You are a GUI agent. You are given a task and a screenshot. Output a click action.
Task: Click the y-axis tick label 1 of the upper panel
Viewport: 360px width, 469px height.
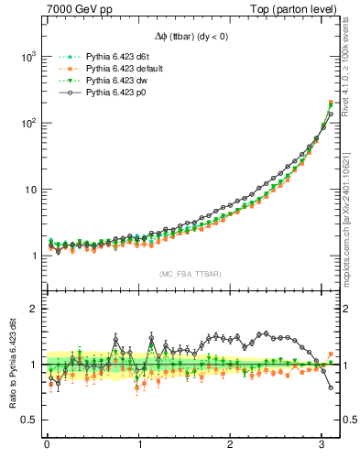point(32,256)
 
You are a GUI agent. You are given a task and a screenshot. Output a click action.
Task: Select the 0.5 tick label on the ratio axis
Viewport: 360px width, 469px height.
point(27,420)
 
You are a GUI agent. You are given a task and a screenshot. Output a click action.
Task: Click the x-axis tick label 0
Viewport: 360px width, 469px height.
point(47,445)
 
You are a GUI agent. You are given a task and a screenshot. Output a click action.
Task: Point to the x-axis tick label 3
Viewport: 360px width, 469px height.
point(322,445)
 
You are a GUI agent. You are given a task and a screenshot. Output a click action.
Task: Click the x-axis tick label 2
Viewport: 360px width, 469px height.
point(231,445)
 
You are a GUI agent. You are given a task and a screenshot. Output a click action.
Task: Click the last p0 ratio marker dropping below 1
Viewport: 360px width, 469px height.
point(331,387)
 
